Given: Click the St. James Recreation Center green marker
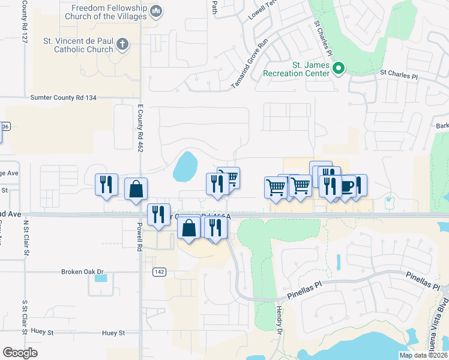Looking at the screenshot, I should coord(338,68).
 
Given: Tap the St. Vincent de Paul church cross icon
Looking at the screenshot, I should coord(122,44).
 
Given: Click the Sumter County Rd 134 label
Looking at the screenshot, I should coord(63,97).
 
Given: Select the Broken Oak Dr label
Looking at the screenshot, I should coord(82,272).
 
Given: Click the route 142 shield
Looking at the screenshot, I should coord(159,272).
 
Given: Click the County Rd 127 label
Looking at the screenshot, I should coord(25,20).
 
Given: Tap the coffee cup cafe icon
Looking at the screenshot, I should coord(346,186).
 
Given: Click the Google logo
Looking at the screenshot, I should coord(20,353).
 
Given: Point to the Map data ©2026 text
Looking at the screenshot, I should coord(423,355).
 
